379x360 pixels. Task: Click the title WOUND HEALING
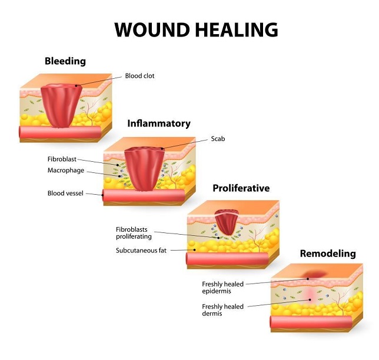[196, 29]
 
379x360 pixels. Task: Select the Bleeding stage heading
[65, 61]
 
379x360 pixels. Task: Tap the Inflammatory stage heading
[159, 124]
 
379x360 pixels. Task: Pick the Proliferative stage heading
[241, 188]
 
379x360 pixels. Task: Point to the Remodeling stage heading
[328, 254]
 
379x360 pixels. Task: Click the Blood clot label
[141, 76]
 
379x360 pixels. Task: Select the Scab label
[218, 139]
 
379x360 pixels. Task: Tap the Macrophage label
[66, 171]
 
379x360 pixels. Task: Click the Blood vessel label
[66, 193]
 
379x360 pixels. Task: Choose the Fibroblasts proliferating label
[134, 233]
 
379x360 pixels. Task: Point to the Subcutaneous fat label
[141, 251]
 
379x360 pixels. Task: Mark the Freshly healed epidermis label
[222, 288]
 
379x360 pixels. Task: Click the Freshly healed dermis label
[222, 310]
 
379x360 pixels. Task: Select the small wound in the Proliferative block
[227, 224]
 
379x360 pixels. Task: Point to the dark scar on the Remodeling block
[312, 274]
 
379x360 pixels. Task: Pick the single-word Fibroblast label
[62, 159]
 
